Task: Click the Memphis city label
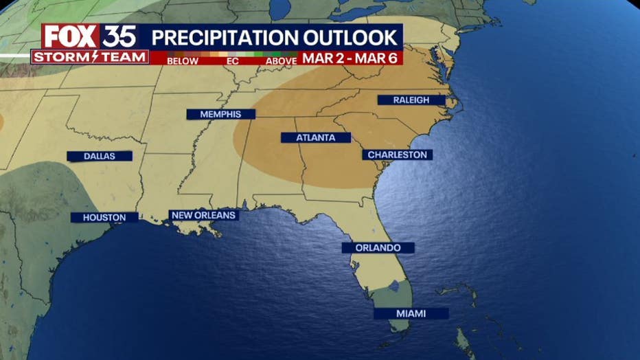click(220, 114)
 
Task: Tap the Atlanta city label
click(316, 137)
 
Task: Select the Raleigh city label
click(411, 100)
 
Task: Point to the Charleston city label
click(398, 155)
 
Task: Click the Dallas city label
click(100, 156)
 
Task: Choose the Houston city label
click(104, 217)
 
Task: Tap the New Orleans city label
click(204, 215)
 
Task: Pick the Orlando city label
click(378, 247)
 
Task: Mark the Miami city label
click(411, 313)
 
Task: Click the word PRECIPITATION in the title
click(219, 36)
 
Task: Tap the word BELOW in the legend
click(182, 61)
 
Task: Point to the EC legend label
click(232, 61)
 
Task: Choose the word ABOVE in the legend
click(282, 61)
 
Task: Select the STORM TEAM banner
click(89, 57)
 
